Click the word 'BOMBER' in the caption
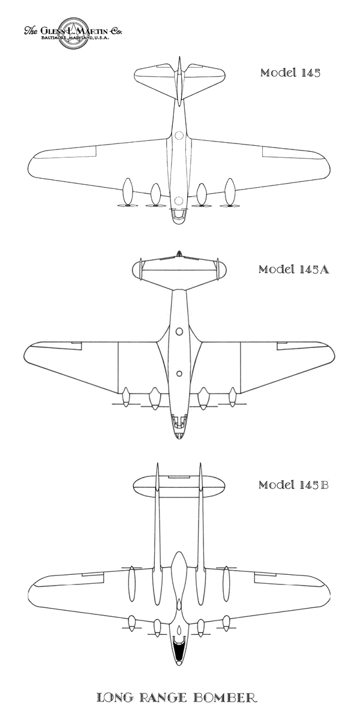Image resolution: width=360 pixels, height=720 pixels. [226, 698]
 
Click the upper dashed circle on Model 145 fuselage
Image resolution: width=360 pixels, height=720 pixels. [178, 136]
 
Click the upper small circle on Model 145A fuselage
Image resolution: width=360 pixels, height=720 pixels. [179, 331]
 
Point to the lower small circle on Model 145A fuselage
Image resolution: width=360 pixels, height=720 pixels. [179, 374]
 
